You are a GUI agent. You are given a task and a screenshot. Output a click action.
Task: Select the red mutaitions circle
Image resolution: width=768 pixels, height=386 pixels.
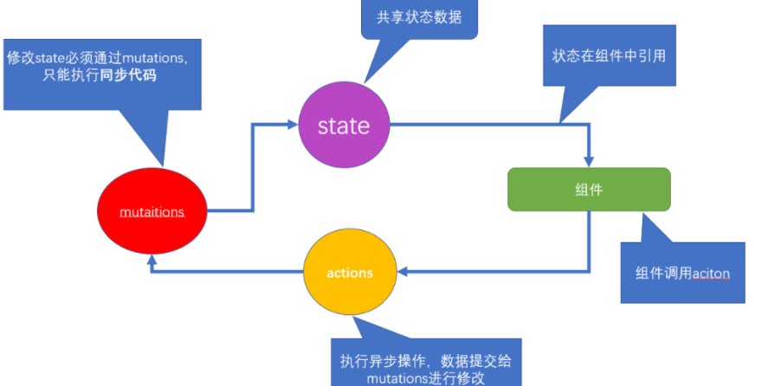[152, 210]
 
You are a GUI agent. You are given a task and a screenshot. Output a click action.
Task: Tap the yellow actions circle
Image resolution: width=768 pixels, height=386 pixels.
[350, 273]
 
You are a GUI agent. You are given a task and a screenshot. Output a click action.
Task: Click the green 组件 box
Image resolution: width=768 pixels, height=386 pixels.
[589, 190]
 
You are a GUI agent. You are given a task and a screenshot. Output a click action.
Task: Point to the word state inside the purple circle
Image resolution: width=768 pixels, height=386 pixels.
[344, 126]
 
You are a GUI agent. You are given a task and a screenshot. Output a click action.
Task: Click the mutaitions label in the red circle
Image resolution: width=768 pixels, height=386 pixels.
[152, 210]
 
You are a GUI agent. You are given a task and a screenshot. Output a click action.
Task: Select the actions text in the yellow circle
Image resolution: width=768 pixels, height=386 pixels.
[350, 273]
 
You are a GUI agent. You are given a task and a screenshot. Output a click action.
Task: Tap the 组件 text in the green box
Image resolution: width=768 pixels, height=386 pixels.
[589, 190]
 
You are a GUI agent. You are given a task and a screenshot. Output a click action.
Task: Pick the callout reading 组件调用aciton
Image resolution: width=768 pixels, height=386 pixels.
[682, 273]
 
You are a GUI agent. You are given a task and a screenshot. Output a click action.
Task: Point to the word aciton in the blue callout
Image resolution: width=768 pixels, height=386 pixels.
[711, 273]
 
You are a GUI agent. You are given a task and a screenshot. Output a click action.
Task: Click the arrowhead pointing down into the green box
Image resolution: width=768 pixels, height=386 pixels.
[589, 162]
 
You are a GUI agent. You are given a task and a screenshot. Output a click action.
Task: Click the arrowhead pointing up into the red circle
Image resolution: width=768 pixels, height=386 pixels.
[152, 257]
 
